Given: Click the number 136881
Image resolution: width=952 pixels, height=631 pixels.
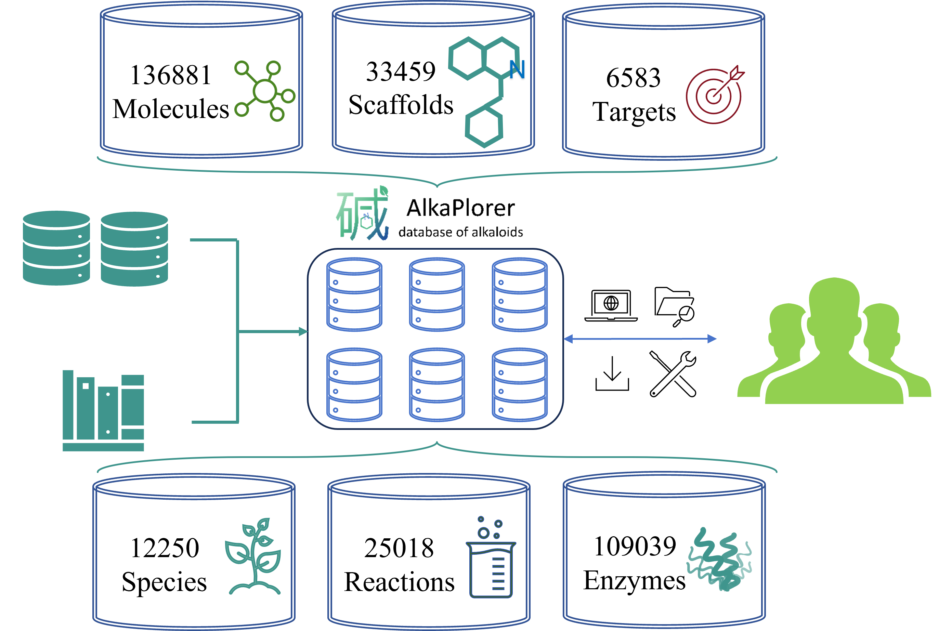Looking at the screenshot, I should pyautogui.click(x=171, y=75).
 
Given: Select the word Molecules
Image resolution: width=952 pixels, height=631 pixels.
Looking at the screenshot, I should pyautogui.click(x=171, y=109).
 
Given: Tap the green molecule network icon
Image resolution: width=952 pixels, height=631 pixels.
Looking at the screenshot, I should pyautogui.click(x=265, y=91).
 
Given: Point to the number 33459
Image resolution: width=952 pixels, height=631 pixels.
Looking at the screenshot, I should pyautogui.click(x=401, y=71).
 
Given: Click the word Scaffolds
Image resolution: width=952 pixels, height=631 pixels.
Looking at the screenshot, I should pyautogui.click(x=401, y=105).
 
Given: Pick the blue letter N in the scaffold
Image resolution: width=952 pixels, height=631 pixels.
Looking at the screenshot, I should pyautogui.click(x=517, y=70).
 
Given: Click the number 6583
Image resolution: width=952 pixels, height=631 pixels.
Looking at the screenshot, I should pyautogui.click(x=633, y=78).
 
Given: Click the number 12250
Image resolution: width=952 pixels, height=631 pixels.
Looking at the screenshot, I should pyautogui.click(x=165, y=548).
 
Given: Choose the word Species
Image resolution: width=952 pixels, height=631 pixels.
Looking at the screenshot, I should pyautogui.click(x=164, y=582).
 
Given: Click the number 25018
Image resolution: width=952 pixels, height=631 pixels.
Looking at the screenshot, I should pyautogui.click(x=399, y=548).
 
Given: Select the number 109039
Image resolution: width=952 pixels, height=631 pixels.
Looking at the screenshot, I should pyautogui.click(x=635, y=547).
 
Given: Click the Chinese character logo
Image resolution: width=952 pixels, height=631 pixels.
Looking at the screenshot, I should pyautogui.click(x=363, y=214).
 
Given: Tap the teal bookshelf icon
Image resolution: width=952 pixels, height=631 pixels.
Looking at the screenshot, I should pyautogui.click(x=103, y=410).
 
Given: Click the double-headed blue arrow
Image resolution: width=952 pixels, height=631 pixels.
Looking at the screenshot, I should pyautogui.click(x=640, y=339).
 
